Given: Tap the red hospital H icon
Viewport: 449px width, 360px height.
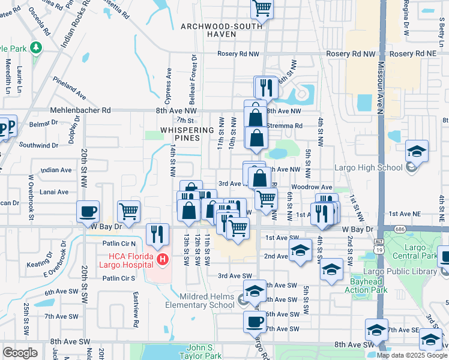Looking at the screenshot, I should (162, 259).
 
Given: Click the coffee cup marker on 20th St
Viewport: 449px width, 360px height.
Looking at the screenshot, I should (88, 211).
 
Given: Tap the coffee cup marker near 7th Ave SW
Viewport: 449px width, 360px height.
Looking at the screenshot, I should (254, 322).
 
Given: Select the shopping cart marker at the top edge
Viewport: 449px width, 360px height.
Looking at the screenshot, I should (262, 8).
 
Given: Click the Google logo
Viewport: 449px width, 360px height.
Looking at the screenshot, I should (20, 353).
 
